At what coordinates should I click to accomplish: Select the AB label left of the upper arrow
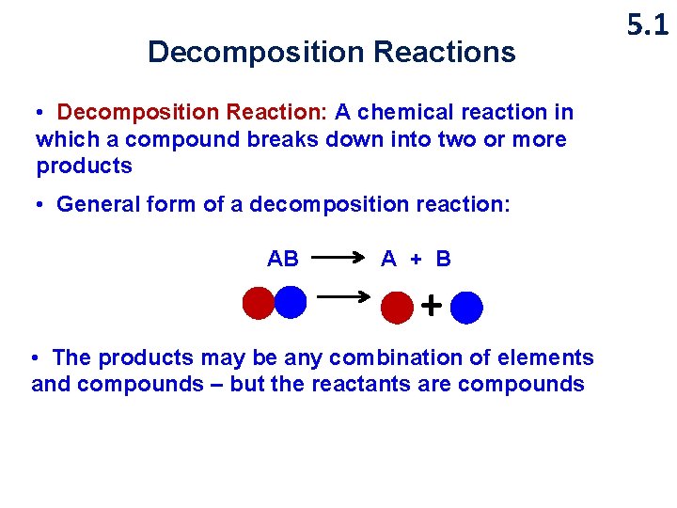[283, 259]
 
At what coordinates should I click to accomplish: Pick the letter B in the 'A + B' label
[443, 259]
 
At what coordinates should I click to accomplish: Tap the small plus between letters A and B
[417, 259]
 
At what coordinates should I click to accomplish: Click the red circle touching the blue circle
[258, 303]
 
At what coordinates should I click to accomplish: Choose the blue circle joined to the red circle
[291, 302]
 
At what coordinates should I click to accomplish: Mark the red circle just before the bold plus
[398, 307]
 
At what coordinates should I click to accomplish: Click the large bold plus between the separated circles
[431, 305]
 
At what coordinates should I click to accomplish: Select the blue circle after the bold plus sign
[466, 308]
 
